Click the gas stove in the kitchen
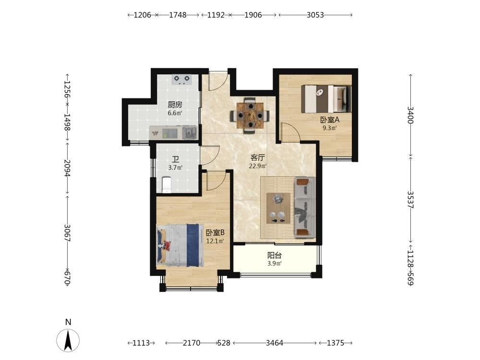(x=182, y=80)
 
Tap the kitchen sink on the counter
(x=190, y=132)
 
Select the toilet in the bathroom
(x=166, y=185)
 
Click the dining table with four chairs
(x=250, y=116)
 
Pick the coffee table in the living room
(x=278, y=208)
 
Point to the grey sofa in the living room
(x=305, y=207)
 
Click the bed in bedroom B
(x=180, y=245)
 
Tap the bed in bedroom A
(x=326, y=99)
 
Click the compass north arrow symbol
(x=68, y=340)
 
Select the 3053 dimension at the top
(x=315, y=15)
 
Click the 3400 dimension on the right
(x=410, y=115)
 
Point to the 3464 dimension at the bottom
(x=274, y=343)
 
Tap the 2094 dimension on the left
(x=67, y=168)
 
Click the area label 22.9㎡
(x=258, y=166)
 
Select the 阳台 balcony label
(x=274, y=255)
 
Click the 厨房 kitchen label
(x=175, y=105)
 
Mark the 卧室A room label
(x=330, y=120)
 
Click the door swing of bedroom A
(x=291, y=132)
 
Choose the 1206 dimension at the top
(x=143, y=15)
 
